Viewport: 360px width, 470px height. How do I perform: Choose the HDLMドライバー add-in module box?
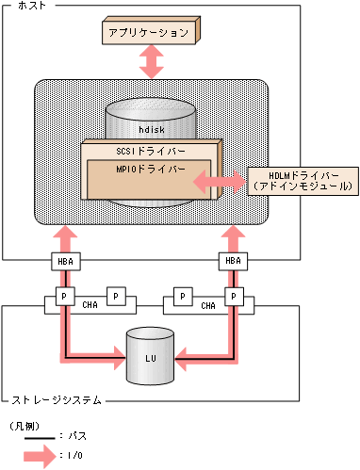301,181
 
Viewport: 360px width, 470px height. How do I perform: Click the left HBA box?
64,261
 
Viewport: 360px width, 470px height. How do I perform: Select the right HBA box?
232,261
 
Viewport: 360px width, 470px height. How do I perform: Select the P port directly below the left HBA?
64,296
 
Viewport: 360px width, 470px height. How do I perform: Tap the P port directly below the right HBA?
232,296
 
